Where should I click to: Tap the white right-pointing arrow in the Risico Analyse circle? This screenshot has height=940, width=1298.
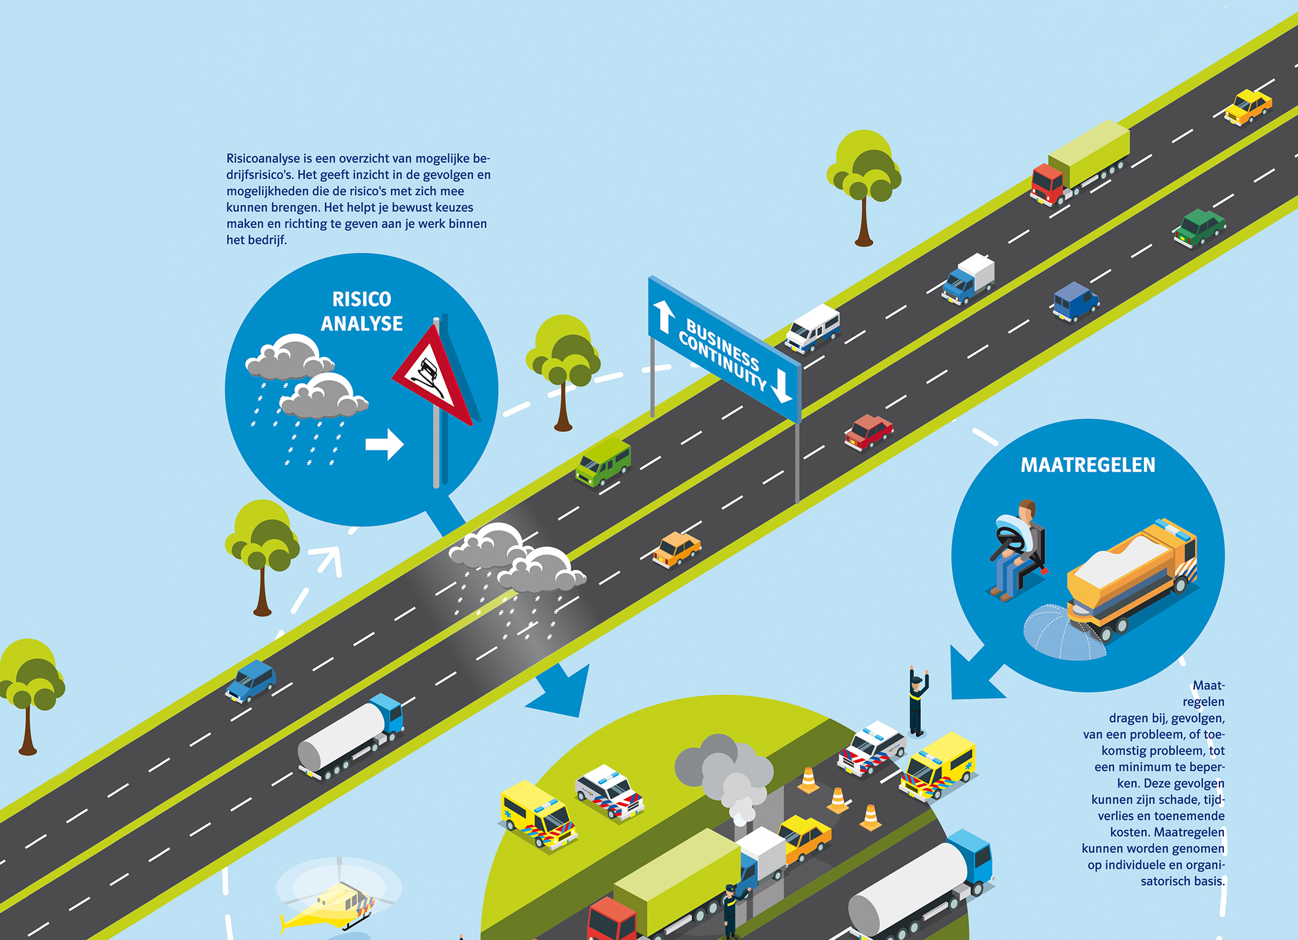tap(385, 445)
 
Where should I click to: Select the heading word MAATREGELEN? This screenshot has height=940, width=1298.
tap(1088, 465)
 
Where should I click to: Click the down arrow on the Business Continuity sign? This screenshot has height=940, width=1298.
tap(781, 385)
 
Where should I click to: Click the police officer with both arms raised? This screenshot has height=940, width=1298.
tap(917, 701)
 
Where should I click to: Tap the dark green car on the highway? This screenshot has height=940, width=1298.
tap(1199, 228)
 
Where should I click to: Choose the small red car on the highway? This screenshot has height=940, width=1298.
tap(868, 432)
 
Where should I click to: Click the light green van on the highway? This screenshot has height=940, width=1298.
tap(603, 462)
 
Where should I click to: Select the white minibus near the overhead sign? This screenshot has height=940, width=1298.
tap(813, 328)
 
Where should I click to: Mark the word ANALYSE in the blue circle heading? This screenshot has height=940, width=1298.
tap(362, 323)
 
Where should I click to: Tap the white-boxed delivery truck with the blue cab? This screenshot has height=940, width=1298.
tap(968, 279)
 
